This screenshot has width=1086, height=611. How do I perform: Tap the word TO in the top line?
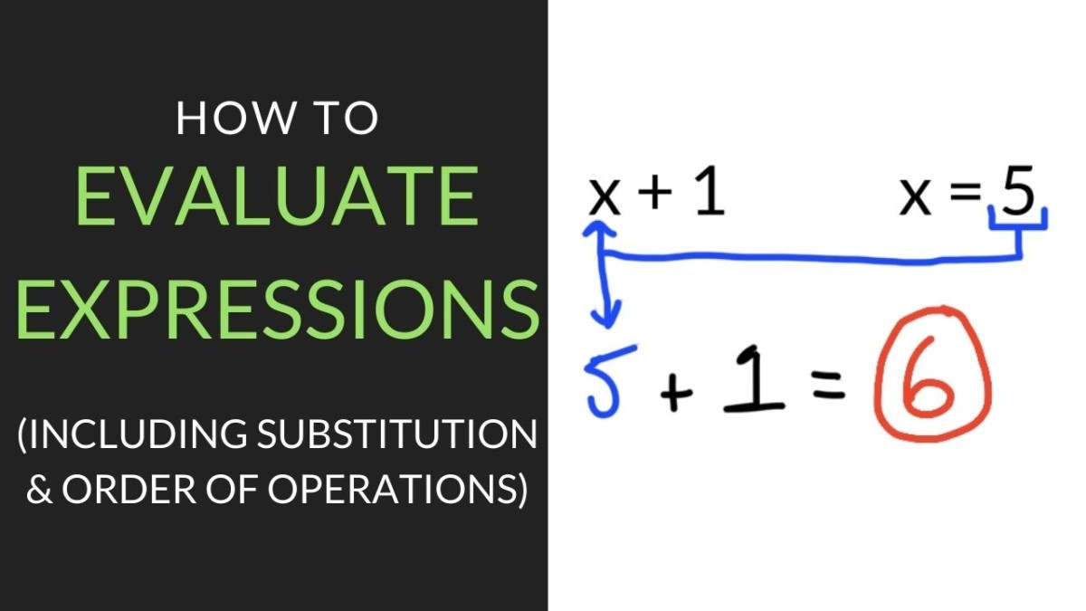coord(346,119)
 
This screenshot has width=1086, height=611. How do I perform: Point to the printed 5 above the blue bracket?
coord(1017,193)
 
